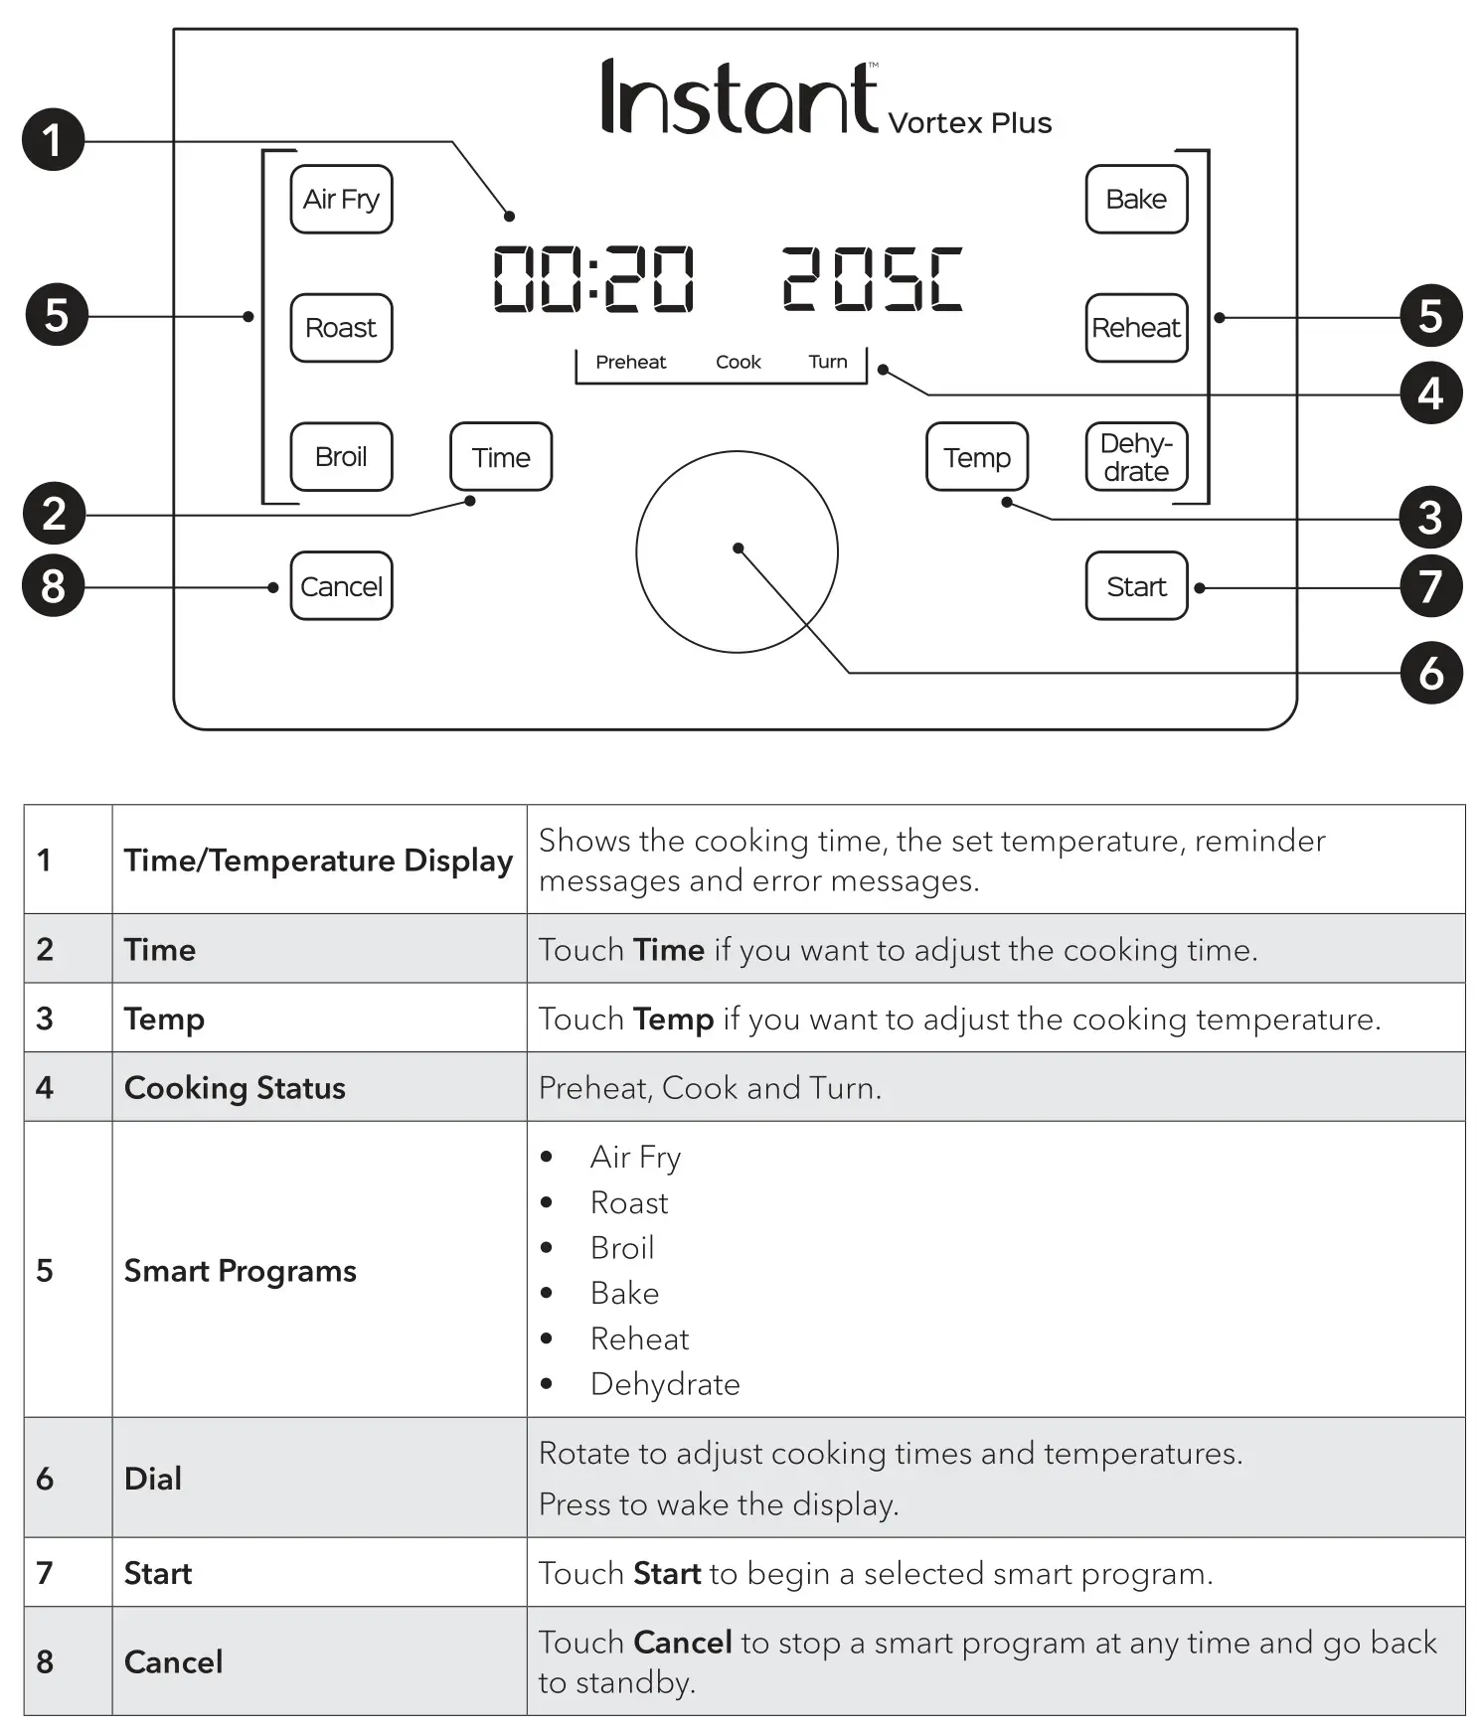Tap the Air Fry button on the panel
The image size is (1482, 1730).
(x=341, y=199)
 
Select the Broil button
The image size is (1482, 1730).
(x=341, y=457)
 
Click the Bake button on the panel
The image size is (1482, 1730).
(x=1136, y=199)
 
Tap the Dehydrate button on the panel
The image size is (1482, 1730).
(x=1136, y=457)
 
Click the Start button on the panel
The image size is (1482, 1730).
(x=1136, y=586)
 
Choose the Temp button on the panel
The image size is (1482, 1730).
(x=977, y=457)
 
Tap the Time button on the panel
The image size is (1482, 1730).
(x=501, y=457)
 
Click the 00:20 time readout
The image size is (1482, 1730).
(x=593, y=279)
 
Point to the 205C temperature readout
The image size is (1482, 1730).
(x=872, y=279)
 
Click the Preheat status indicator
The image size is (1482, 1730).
(x=630, y=362)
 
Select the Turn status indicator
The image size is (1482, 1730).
(x=828, y=362)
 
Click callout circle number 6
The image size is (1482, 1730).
(x=1430, y=673)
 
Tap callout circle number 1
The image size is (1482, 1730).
(x=53, y=140)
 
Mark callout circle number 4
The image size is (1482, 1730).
(x=1430, y=393)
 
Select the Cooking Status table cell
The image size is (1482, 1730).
(x=235, y=1087)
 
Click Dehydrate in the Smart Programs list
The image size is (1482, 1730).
(x=665, y=1384)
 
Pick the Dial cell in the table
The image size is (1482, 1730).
(x=153, y=1478)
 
